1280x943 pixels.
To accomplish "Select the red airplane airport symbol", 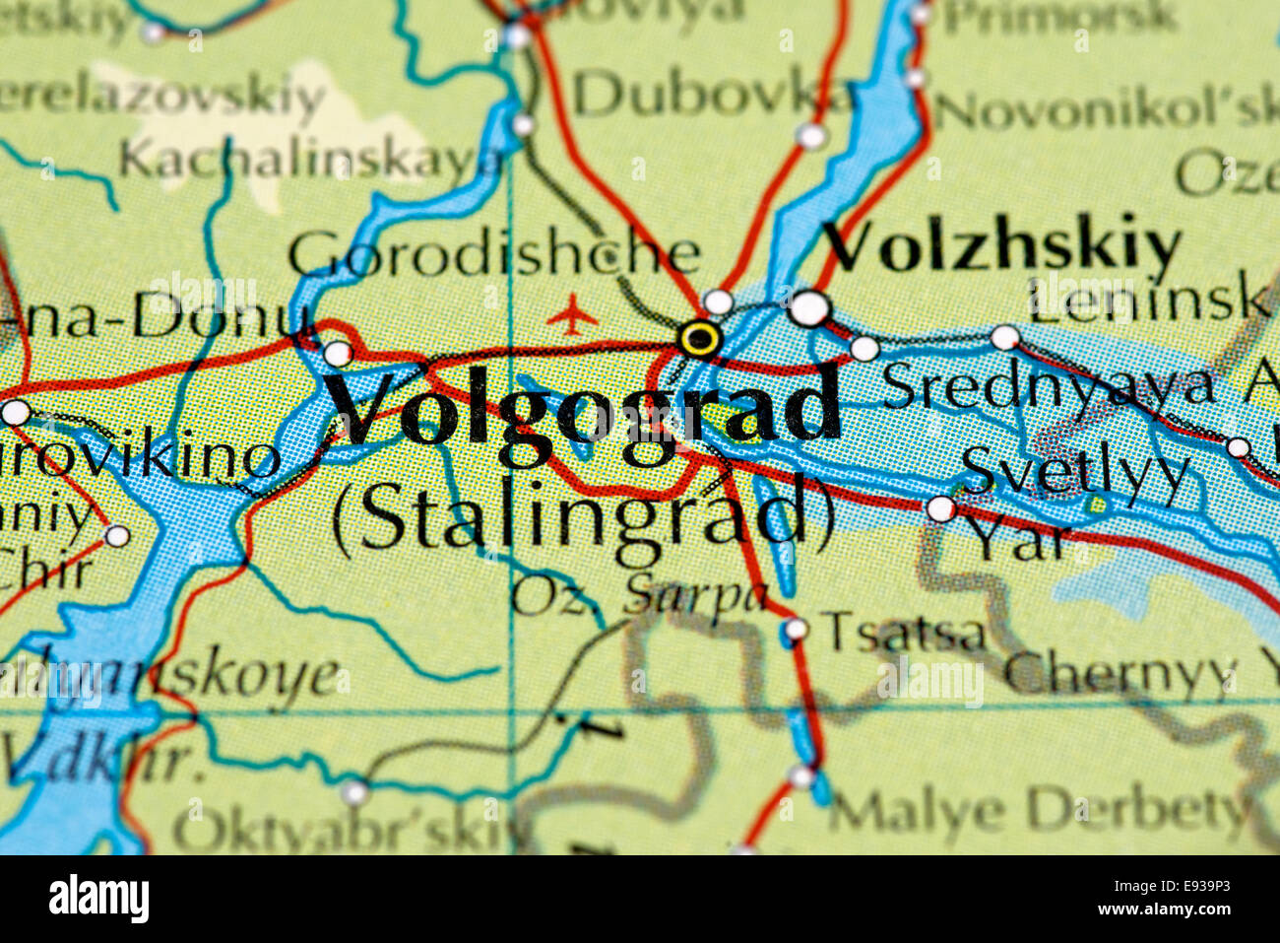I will [x=572, y=317].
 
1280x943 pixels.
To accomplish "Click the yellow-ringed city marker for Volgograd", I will [x=700, y=339].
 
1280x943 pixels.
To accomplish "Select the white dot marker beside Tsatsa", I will [x=796, y=629].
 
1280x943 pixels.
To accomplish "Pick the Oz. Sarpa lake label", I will [x=639, y=595].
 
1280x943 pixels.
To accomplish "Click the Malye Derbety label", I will [x=1039, y=812].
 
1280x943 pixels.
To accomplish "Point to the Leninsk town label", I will [x=1147, y=298].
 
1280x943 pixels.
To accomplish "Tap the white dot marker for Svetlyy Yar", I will [x=940, y=509].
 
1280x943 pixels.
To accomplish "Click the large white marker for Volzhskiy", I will [x=809, y=308].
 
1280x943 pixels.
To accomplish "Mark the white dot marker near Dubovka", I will [x=810, y=136].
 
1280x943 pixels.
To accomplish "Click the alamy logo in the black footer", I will [x=99, y=899].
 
